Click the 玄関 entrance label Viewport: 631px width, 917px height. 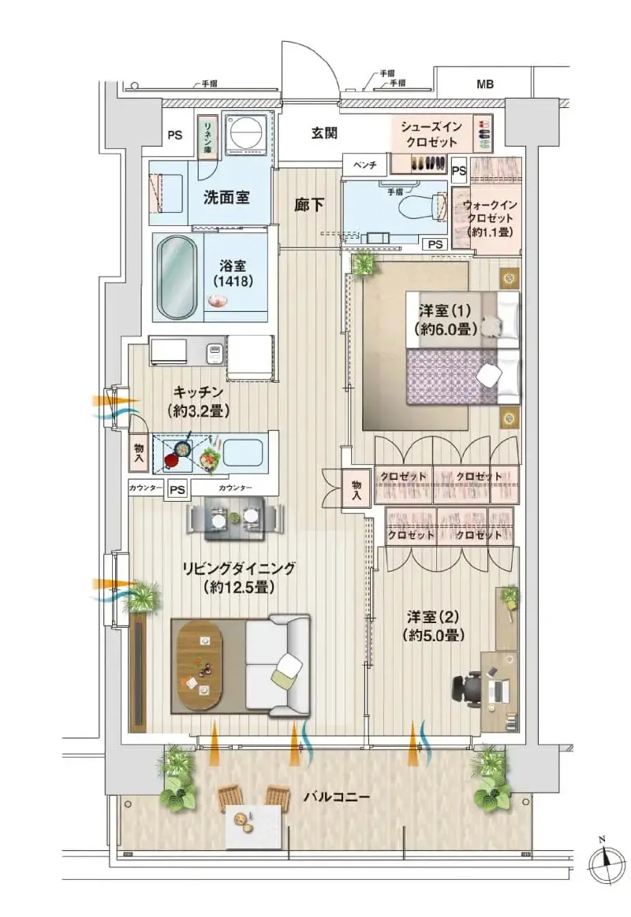tap(323, 133)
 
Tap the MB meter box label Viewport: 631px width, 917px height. tap(484, 85)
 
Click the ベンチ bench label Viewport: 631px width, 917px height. tap(364, 165)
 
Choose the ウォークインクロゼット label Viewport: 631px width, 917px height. tap(490, 218)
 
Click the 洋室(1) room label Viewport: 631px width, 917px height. tap(445, 319)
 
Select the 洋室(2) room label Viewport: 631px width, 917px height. tap(433, 626)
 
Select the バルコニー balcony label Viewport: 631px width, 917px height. tap(337, 797)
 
